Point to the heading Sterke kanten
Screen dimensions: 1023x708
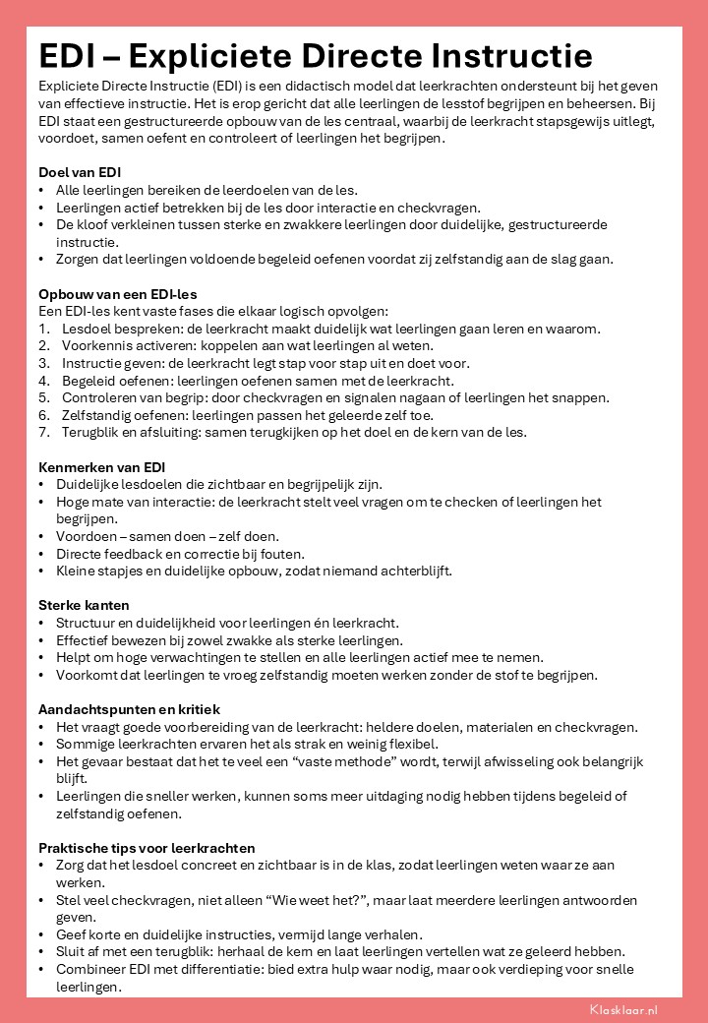[84, 605]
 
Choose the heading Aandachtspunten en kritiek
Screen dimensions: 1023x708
[129, 709]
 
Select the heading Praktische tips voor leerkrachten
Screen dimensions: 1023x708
[147, 847]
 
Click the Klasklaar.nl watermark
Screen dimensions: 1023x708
[623, 1008]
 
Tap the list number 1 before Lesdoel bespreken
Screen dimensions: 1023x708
[42, 328]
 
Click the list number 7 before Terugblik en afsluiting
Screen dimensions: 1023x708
[42, 433]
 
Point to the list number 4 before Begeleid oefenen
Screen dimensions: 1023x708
[42, 381]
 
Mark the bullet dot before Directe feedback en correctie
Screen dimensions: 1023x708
[40, 554]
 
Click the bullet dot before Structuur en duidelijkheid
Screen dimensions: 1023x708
[40, 623]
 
